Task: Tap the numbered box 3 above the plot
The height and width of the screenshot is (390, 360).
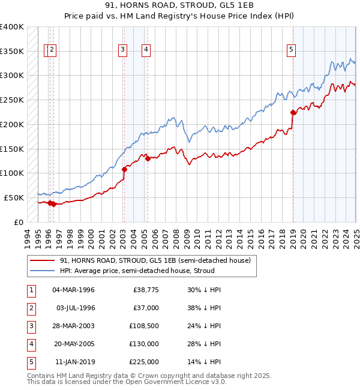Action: click(122, 50)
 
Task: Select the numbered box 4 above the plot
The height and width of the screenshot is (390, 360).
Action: click(146, 50)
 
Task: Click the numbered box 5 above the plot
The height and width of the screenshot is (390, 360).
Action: click(291, 50)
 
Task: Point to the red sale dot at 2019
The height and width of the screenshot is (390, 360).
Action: click(293, 112)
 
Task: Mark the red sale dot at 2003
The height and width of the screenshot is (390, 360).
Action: click(124, 169)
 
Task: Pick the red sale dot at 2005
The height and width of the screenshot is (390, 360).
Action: click(148, 158)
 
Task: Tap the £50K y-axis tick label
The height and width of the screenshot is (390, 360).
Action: click(14, 197)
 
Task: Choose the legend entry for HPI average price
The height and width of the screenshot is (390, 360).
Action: click(137, 271)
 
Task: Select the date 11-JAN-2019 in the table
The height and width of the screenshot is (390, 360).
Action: click(74, 362)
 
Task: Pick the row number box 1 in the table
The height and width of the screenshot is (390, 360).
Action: click(31, 290)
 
